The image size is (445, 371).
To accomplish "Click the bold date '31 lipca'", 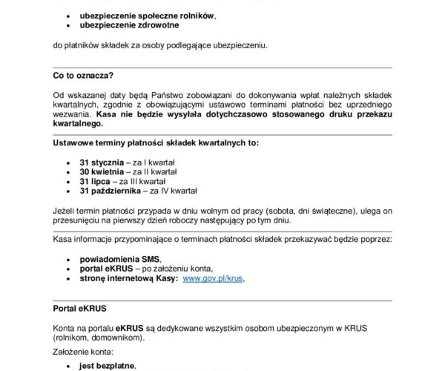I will tap(95, 180).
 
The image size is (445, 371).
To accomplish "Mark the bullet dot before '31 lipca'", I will tap(68, 180).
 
